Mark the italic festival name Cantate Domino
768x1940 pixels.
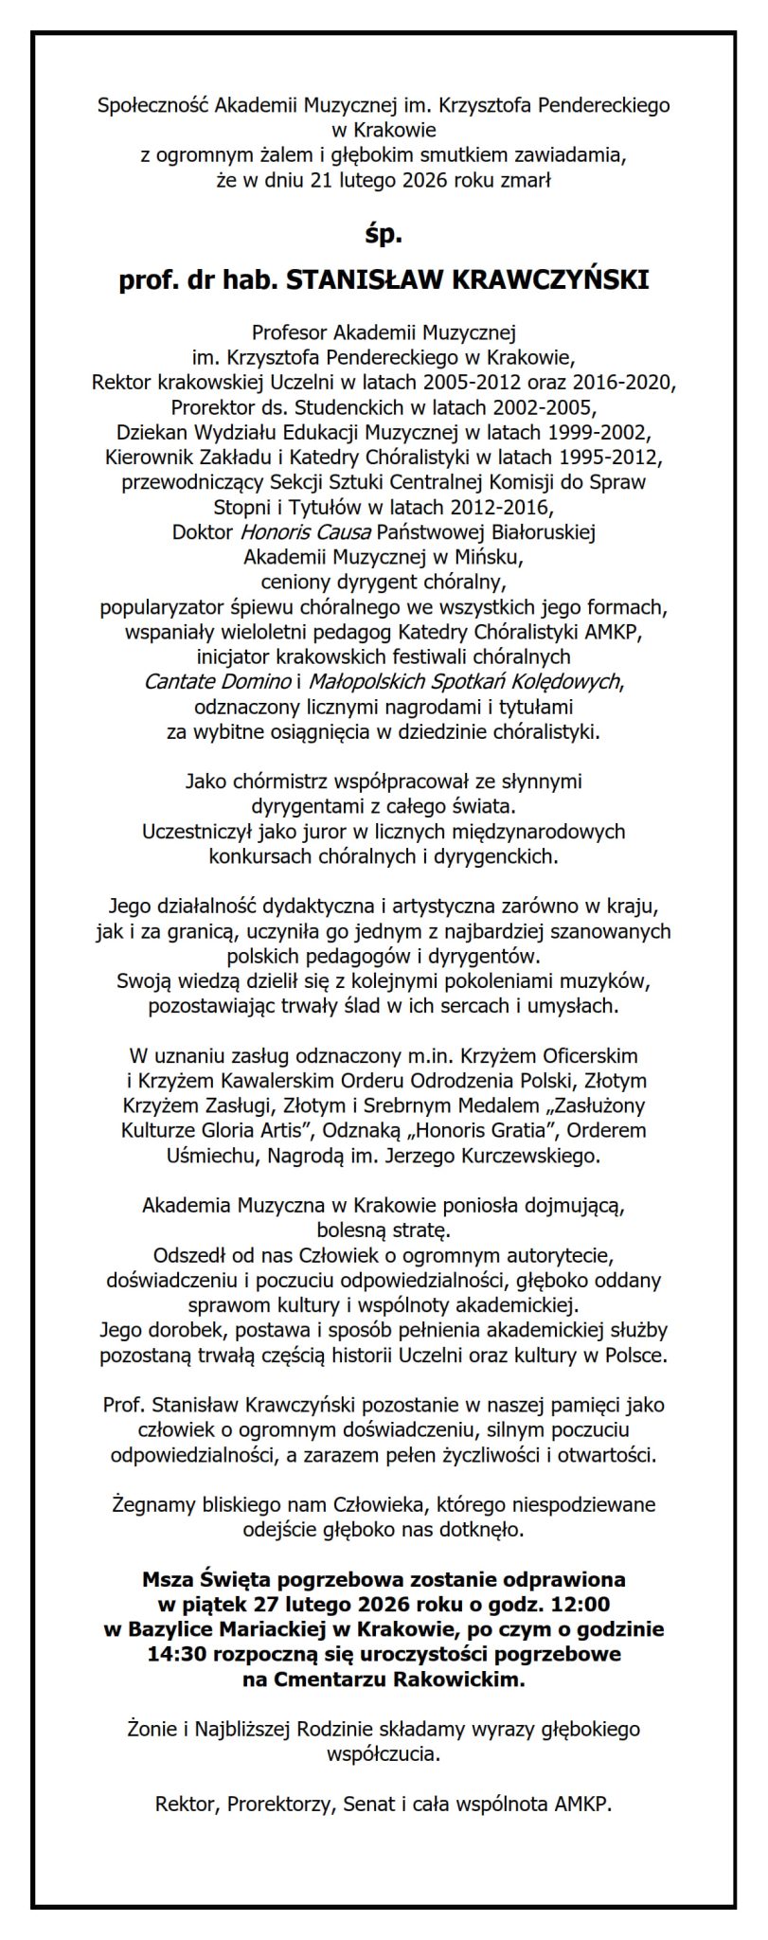click(x=218, y=680)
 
